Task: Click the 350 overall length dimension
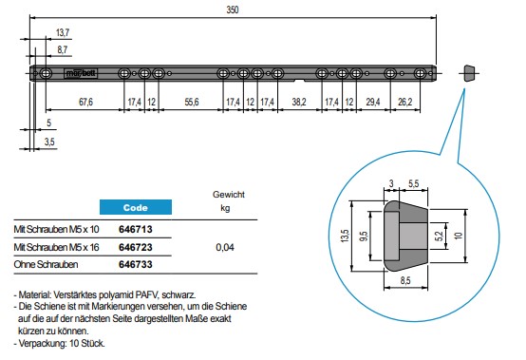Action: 232,9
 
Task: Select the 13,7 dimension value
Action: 63,32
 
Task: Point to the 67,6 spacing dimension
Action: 85,102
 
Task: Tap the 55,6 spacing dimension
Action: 192,102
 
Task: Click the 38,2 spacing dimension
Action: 299,102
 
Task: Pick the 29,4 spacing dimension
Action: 373,102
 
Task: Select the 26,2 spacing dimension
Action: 404,102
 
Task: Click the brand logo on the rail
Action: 81,73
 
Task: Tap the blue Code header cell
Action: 136,207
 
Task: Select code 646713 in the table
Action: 136,230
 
